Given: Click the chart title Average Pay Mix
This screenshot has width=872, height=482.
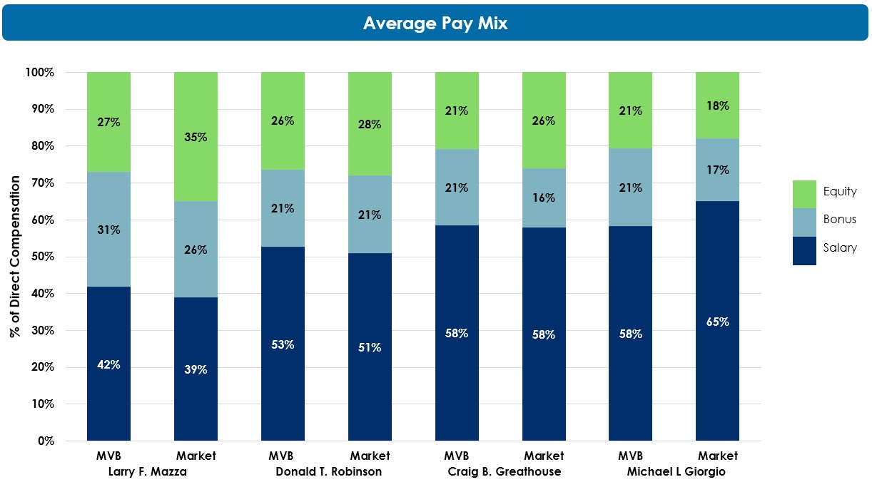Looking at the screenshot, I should point(435,23).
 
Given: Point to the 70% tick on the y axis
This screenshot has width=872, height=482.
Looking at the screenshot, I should point(40,183).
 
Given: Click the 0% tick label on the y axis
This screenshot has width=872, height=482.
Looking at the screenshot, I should point(44,441).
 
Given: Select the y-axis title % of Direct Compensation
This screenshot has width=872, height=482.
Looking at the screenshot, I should point(16,257).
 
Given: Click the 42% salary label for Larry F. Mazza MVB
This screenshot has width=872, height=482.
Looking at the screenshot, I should point(108,364).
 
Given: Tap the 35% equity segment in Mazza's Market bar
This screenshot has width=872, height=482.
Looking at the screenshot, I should point(196,136).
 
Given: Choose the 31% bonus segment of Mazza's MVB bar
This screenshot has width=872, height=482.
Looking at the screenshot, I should point(108,230).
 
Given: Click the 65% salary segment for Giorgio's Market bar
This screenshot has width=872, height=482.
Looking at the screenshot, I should point(717,322).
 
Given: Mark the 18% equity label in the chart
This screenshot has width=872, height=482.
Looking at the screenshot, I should point(717,106).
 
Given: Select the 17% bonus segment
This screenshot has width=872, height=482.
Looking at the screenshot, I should point(717,170).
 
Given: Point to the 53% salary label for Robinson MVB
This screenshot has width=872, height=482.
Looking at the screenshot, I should point(283,344).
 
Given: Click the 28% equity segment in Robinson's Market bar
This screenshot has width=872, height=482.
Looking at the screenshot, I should point(370,124).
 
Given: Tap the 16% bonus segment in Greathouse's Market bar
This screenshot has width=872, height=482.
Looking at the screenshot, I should point(544,198).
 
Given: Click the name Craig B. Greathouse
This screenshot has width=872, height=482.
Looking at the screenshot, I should point(504,471).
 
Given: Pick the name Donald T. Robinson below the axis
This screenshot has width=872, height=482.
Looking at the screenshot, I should point(328,471).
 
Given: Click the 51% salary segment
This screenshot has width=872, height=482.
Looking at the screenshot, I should point(370,347).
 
